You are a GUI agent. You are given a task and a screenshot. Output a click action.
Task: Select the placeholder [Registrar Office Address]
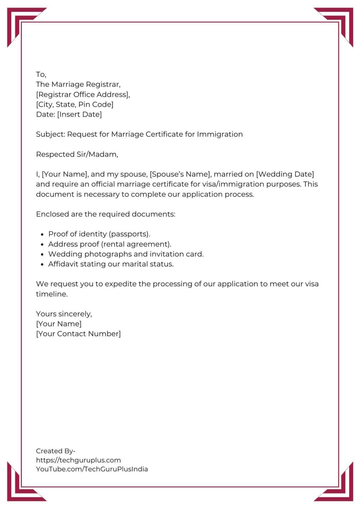[x=83, y=94]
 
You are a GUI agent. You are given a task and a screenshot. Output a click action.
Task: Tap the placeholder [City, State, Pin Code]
[x=75, y=104]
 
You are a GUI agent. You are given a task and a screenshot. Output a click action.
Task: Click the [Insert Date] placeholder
[x=80, y=114]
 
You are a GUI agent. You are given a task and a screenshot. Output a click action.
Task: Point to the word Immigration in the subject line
[x=220, y=134]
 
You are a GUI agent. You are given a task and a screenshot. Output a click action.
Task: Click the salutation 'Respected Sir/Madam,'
[x=77, y=154]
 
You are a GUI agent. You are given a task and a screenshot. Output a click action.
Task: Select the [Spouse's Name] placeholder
[x=180, y=174]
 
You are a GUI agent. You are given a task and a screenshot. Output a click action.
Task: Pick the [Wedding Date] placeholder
[x=285, y=174]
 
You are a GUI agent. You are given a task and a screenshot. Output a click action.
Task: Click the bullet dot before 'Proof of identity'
[x=42, y=235]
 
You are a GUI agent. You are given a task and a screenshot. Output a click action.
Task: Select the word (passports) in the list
[x=129, y=234]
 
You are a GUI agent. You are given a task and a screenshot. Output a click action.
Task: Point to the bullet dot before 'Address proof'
[x=42, y=245]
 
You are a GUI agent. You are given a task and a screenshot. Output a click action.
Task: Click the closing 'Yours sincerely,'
[x=64, y=314]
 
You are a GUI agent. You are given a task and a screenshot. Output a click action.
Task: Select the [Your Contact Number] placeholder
[x=78, y=334]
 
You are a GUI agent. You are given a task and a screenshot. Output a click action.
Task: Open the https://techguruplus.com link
[x=78, y=460]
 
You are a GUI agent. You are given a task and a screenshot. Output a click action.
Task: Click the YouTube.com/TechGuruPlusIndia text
[x=92, y=469]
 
